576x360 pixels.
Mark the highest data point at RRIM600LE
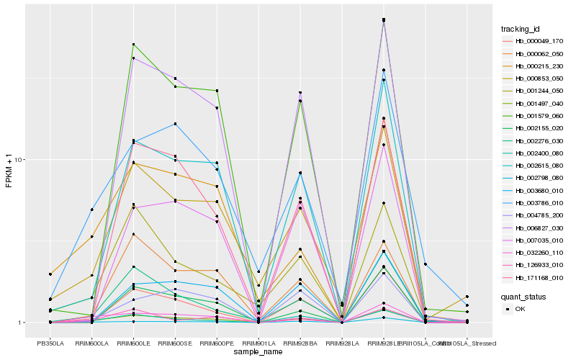pyautogui.click(x=134, y=45)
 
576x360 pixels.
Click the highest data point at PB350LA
pyautogui.click(x=50, y=274)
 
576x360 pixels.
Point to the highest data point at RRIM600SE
pyautogui.click(x=176, y=78)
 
